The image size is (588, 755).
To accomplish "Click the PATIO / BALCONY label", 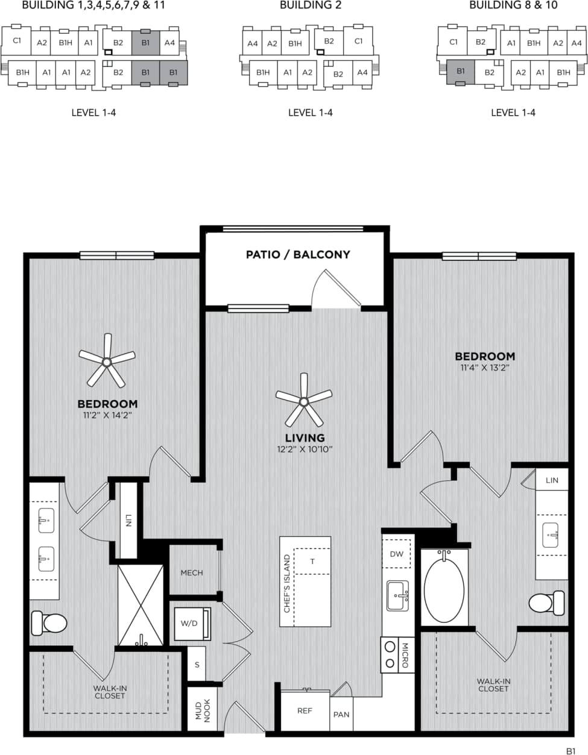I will (298, 254).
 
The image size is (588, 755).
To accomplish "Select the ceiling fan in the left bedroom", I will (107, 362).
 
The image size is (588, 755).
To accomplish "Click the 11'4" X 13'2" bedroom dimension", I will (484, 368).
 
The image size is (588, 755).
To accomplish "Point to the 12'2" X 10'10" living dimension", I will (305, 450).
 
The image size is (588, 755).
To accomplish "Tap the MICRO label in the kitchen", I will (405, 655).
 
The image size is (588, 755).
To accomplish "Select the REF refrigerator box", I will (305, 711).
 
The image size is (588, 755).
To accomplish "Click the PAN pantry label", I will (341, 715).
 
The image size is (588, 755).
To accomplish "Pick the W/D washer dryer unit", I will (191, 623).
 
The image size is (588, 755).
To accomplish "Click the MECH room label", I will (192, 572).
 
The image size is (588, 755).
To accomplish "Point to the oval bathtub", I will (444, 589).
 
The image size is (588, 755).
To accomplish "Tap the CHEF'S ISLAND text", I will (287, 584).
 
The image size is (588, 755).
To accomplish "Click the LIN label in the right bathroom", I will (552, 480).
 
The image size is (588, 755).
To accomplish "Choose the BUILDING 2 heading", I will (310, 5).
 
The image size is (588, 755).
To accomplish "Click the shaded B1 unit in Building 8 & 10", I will (461, 72).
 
